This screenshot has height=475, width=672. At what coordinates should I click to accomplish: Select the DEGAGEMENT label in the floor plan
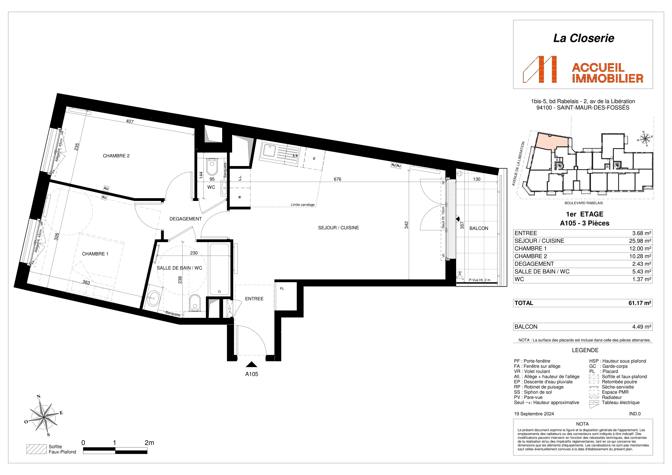186,219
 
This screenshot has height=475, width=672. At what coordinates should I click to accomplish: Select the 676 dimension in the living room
337,179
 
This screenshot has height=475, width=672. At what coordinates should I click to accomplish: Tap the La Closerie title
584,38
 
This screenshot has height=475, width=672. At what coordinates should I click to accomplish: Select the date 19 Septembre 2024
534,414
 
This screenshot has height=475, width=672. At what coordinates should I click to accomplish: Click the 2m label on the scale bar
149,443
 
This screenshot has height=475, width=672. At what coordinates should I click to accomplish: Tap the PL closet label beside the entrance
282,289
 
